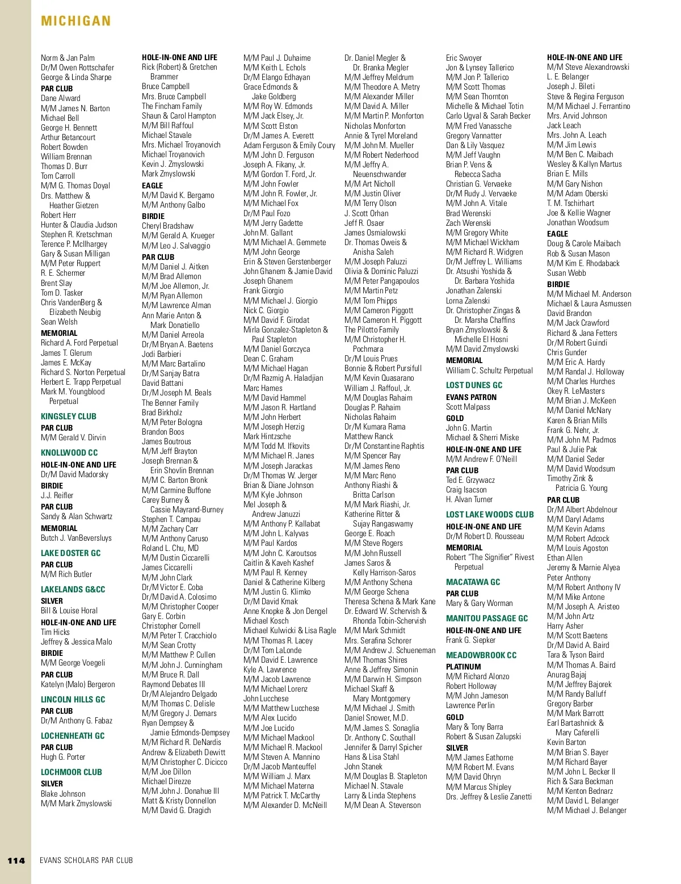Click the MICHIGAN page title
[x=75, y=21]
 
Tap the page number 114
[x=16, y=861]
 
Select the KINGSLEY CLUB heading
[x=69, y=416]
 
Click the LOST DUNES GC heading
[x=474, y=385]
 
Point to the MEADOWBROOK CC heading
[x=481, y=655]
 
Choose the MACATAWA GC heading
[x=473, y=582]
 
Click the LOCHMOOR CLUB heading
[x=72, y=772]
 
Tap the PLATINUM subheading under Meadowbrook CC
[x=463, y=667]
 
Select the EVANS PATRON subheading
[x=471, y=397]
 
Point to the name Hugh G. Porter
[x=63, y=757]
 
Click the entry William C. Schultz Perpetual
[x=489, y=371]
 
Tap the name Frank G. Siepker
[x=470, y=640]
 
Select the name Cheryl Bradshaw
[x=167, y=226]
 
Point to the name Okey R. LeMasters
[x=575, y=391]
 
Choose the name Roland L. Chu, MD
[x=170, y=548]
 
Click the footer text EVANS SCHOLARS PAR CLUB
[x=86, y=860]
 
